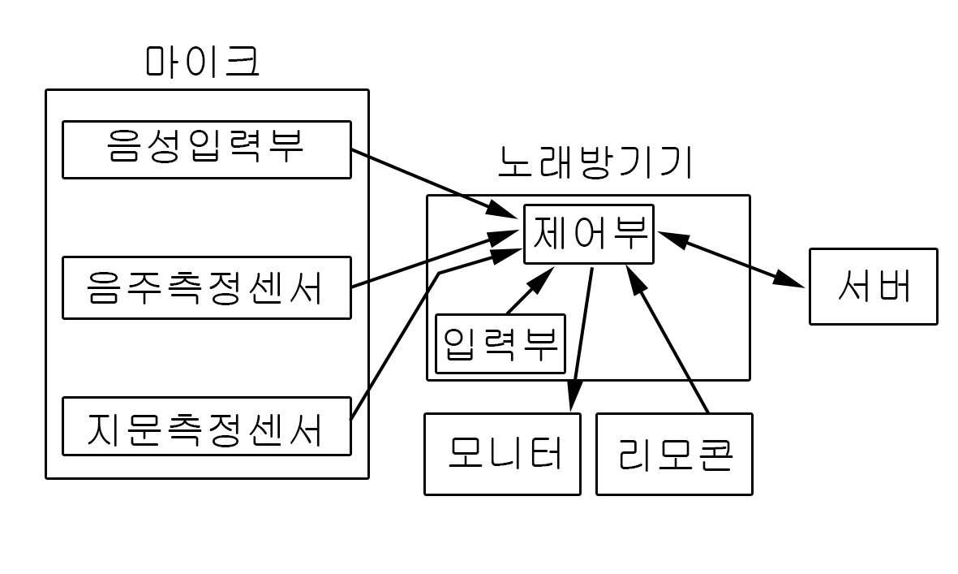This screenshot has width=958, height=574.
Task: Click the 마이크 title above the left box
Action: [x=203, y=63]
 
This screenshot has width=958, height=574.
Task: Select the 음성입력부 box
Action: [x=207, y=149]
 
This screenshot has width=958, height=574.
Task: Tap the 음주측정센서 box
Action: [x=207, y=288]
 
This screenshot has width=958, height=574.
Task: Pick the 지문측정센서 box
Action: [x=207, y=426]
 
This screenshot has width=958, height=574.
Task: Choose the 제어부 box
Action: [x=589, y=234]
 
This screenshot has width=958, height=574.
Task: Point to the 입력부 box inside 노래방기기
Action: [x=500, y=343]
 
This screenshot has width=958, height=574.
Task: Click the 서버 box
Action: [x=873, y=287]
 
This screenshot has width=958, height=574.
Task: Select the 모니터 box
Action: [x=502, y=454]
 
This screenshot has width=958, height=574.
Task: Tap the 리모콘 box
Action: [x=674, y=454]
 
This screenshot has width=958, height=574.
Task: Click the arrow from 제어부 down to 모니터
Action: [x=582, y=333]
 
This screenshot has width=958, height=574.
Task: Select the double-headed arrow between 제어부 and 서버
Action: [x=730, y=258]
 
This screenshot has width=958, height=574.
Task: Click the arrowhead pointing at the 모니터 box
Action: [x=573, y=399]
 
